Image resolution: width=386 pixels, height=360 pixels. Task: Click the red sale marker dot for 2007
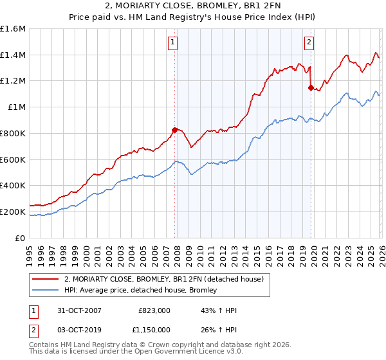[x=174, y=130]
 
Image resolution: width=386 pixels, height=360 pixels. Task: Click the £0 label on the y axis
[x=21, y=238]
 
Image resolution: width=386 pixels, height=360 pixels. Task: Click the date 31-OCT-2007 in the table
[x=76, y=310]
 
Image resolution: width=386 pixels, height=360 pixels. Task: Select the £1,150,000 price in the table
[x=155, y=330]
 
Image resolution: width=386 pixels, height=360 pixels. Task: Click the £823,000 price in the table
[x=155, y=310]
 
